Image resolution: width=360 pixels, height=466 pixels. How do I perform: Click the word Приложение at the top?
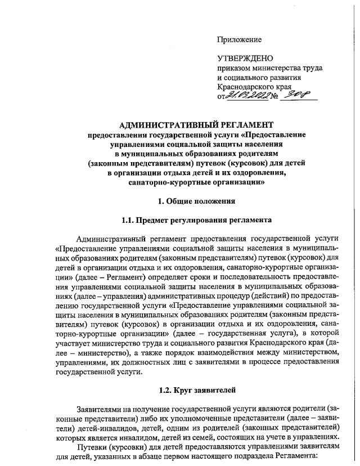coord(240,39)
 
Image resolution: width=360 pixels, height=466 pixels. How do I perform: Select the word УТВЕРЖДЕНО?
coord(245,59)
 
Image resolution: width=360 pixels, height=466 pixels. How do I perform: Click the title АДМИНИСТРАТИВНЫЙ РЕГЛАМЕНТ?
coord(196,124)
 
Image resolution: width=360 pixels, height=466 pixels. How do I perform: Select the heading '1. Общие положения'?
coord(196,201)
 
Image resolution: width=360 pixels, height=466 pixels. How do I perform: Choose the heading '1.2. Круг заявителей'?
coord(196,389)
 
